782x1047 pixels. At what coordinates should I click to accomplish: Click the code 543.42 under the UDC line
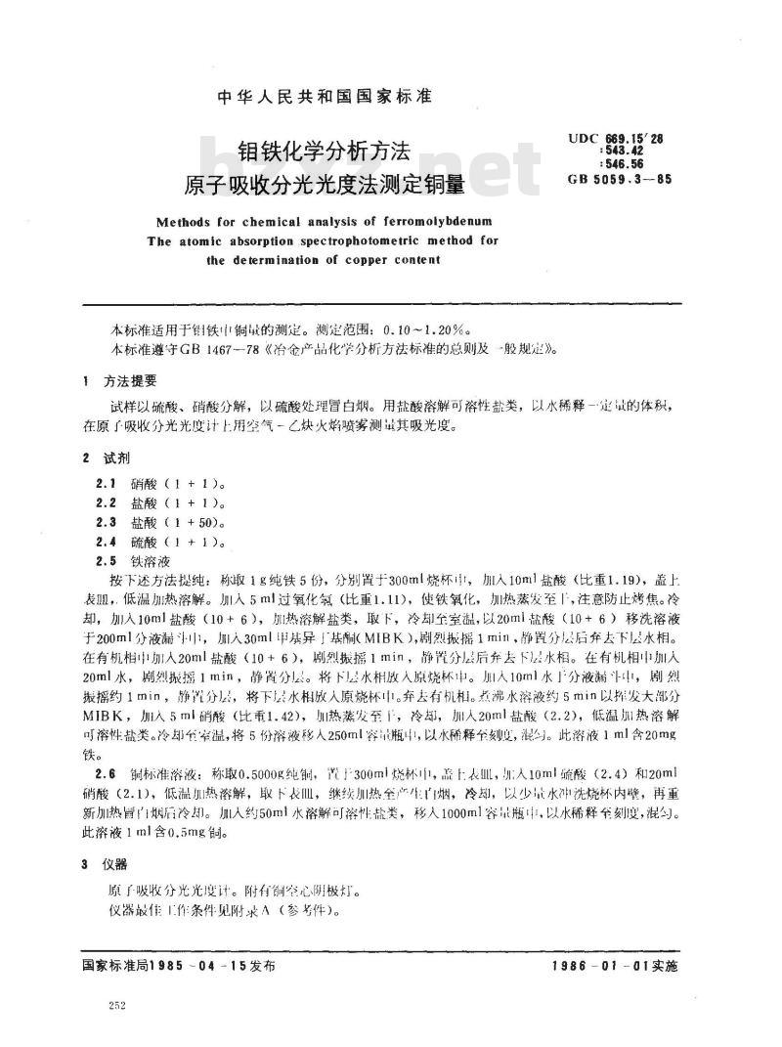633,153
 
